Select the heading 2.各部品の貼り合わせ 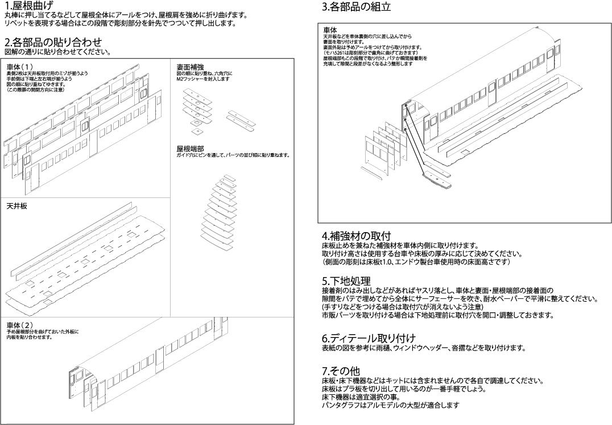[53, 43]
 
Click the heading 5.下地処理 [346, 281]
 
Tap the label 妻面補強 [190, 67]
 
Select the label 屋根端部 [190, 148]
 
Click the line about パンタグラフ [390, 405]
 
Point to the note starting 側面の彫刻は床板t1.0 [416, 262]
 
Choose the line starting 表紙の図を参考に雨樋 [423, 348]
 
